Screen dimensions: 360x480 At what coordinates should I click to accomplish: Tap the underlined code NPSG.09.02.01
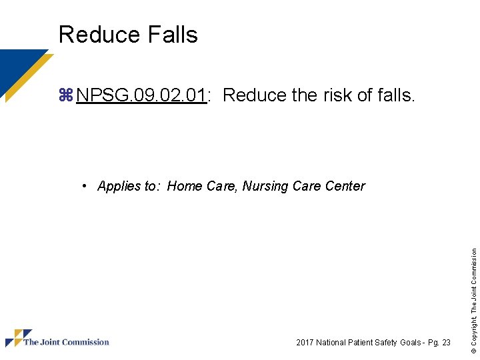point(141,95)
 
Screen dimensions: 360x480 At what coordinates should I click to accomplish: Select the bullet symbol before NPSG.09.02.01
point(65,95)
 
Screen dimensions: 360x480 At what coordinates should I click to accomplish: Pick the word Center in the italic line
point(345,186)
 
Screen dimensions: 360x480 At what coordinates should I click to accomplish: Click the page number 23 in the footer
point(445,343)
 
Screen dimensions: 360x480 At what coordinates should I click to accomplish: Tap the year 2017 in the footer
point(305,343)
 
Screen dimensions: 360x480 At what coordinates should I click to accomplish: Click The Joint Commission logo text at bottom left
point(66,343)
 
